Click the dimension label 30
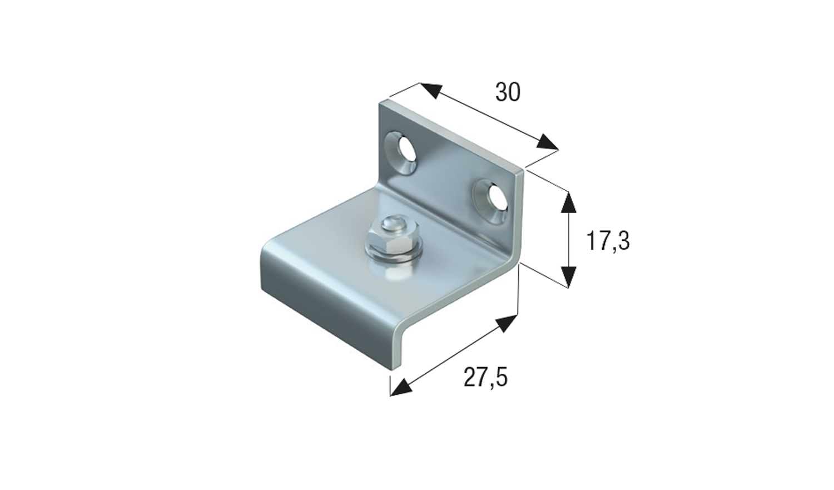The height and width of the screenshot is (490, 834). click(x=508, y=92)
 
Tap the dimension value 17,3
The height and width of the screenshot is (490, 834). click(x=608, y=241)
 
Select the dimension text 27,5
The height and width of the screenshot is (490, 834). click(x=485, y=378)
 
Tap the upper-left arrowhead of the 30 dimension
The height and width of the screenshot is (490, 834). click(x=430, y=91)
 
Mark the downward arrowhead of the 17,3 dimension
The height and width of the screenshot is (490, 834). click(x=567, y=276)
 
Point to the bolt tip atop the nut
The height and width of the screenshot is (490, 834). click(x=389, y=223)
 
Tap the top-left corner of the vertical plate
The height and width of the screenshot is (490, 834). click(x=383, y=103)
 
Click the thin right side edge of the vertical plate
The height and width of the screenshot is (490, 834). click(x=520, y=217)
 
